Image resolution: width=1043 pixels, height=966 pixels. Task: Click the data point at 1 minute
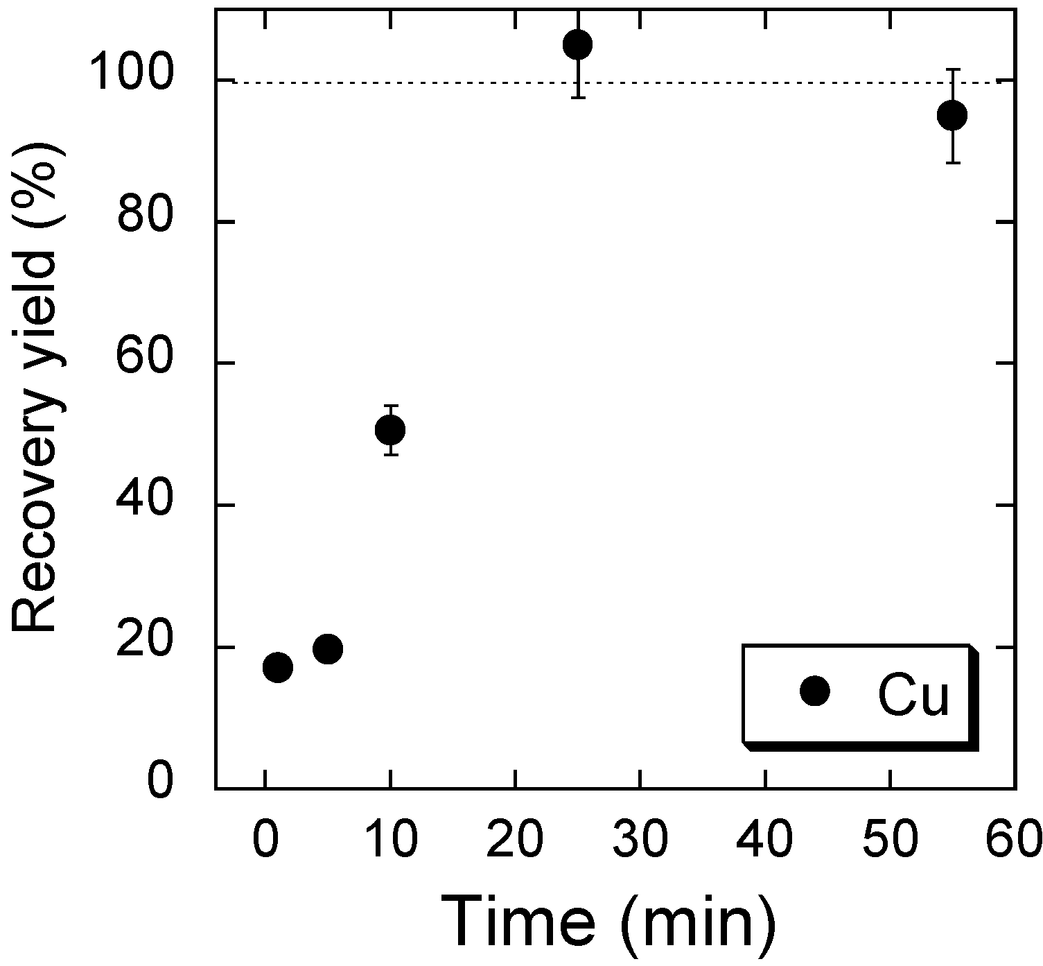pyautogui.click(x=277, y=667)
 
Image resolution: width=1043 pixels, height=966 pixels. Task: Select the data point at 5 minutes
pyautogui.click(x=328, y=649)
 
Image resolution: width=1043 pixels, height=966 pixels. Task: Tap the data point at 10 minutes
pyautogui.click(x=390, y=430)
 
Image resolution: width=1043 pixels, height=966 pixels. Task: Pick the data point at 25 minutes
pyautogui.click(x=577, y=45)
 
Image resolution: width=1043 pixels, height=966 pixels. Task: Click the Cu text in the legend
pyautogui.click(x=913, y=696)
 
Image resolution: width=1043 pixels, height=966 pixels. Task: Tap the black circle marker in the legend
pyautogui.click(x=814, y=691)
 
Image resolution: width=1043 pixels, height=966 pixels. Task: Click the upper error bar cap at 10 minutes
pyautogui.click(x=390, y=405)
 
